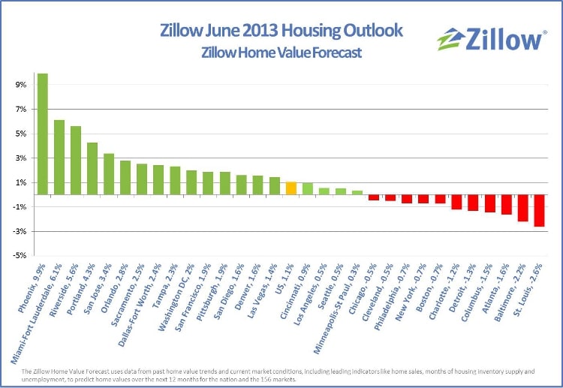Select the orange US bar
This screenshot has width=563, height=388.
291,188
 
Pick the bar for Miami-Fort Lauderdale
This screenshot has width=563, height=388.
59,157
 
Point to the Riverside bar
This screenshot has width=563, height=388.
76,160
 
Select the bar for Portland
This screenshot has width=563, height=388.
92,168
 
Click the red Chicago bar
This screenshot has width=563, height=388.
374,197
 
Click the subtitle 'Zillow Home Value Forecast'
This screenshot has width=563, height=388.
281,53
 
